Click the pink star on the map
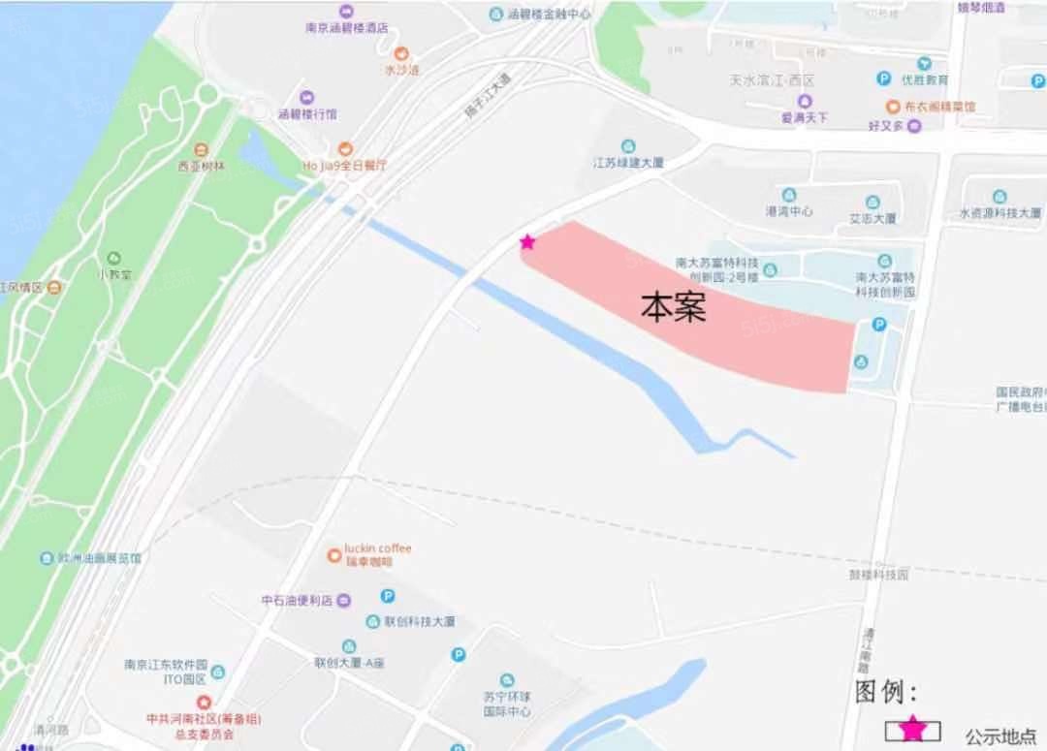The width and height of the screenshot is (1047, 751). (527, 241)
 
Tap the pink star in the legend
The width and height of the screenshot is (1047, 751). (912, 730)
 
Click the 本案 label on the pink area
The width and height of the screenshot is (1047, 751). (673, 307)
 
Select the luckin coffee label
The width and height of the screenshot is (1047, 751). (378, 548)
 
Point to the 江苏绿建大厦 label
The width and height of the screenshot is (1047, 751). (628, 163)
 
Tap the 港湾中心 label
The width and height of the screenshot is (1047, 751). (789, 211)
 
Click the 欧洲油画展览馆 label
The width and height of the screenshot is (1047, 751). (100, 558)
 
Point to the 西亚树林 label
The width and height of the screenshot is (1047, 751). (201, 166)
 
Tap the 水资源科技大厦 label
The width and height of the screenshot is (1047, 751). (999, 213)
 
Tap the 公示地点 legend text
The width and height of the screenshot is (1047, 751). (1000, 736)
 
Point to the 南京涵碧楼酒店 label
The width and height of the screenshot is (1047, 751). (346, 28)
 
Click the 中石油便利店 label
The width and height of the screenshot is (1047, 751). (298, 601)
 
